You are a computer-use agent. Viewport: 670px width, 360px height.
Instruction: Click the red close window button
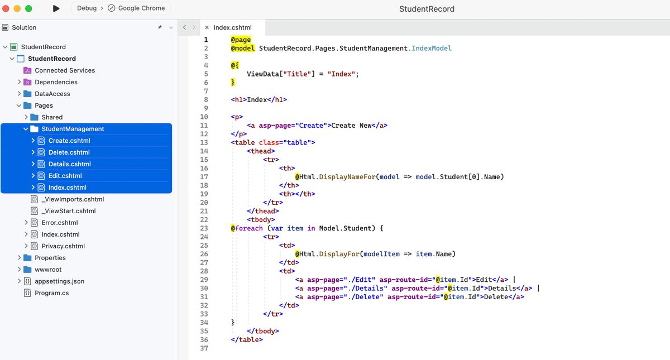pos(6,8)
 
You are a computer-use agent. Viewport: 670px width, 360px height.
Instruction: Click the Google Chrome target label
pos(141,8)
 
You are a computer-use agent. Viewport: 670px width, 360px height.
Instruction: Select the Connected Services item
pos(65,70)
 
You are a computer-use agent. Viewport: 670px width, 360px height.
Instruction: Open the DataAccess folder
pos(52,94)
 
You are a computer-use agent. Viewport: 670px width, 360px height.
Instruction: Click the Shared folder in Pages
pos(52,117)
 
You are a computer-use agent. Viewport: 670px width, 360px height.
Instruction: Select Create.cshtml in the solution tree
pos(69,141)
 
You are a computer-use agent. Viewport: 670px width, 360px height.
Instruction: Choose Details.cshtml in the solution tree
pos(70,164)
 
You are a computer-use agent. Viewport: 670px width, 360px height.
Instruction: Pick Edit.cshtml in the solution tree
pos(65,176)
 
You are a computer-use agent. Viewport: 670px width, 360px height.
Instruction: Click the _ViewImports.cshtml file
pos(73,199)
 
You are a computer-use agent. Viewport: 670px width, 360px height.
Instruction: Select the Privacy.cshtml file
pos(63,246)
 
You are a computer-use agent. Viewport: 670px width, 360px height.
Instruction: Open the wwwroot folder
pos(48,270)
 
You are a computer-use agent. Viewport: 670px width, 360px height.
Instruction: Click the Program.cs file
pos(52,293)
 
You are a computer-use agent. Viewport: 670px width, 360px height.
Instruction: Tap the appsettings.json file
pos(60,281)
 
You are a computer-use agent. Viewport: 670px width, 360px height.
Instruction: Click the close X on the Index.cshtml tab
pos(207,27)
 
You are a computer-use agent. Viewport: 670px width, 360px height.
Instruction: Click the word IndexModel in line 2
pos(432,49)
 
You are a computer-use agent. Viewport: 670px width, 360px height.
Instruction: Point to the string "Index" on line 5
pos(341,74)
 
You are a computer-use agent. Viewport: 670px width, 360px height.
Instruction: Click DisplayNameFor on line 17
pos(347,177)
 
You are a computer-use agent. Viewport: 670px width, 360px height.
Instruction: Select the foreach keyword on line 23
pos(249,228)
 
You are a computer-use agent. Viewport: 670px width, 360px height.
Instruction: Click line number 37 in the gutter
pos(204,348)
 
